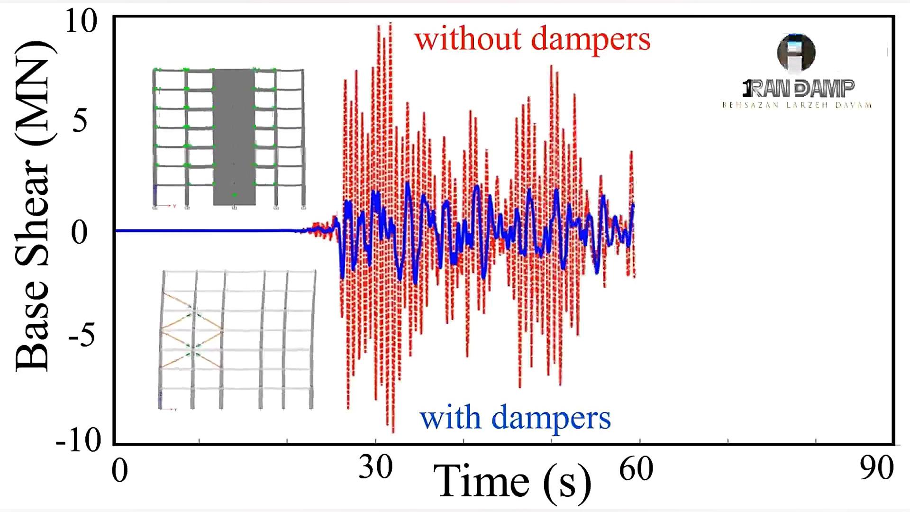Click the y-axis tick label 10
point(81,22)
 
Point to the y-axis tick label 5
point(80,120)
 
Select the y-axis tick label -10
point(78,440)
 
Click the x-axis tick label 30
point(375,467)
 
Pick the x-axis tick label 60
point(636,469)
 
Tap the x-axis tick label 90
point(876,468)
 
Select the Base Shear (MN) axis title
point(33,206)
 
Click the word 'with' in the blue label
point(450,418)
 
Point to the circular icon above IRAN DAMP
point(796,52)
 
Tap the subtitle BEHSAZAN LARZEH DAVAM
point(797,105)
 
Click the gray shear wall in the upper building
point(234,137)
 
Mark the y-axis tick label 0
point(80,232)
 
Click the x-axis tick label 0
point(119,471)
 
